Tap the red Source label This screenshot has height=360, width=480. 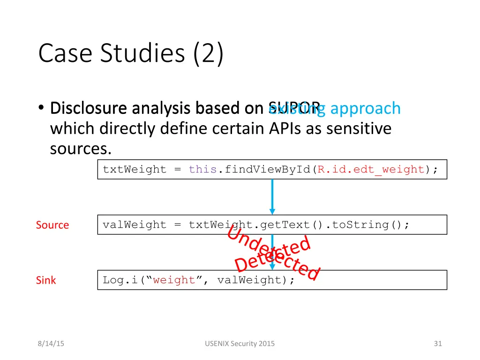tap(52, 225)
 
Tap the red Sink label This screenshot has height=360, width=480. tap(46, 280)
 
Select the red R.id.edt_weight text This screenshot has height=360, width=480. tap(371, 170)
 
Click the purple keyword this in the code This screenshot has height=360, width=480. tap(202, 170)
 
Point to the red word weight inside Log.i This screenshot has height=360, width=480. tap(173, 280)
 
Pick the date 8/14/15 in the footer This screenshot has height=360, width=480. tap(51, 344)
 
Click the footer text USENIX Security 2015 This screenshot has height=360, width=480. tap(240, 344)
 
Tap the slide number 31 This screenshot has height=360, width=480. tap(438, 344)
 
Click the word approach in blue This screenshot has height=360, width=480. tap(366, 108)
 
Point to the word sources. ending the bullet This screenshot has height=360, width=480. tap(81, 149)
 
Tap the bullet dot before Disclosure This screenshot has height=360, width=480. tap(41, 109)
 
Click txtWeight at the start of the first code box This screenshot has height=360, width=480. tap(135, 170)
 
